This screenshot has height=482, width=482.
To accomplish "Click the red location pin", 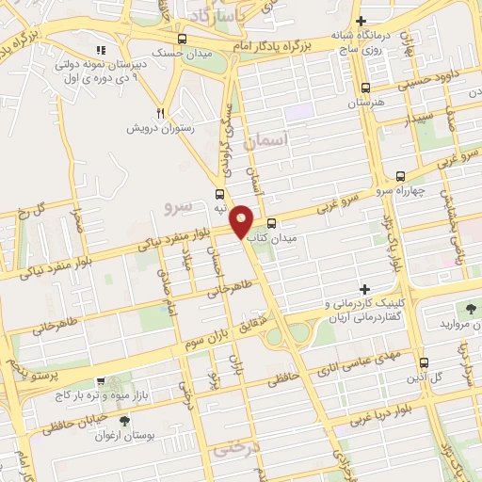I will pos(242,219).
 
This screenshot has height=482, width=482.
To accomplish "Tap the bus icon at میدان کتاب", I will pos(271,224).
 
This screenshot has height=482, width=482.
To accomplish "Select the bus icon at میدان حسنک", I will pos(181,39).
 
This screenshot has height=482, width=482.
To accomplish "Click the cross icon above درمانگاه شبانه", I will pos(361,21).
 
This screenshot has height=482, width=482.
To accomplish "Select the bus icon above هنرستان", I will pos(365,85).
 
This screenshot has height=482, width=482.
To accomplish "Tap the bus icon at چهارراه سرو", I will pos(400,175).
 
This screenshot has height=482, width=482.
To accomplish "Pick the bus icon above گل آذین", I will pos(423,361).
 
